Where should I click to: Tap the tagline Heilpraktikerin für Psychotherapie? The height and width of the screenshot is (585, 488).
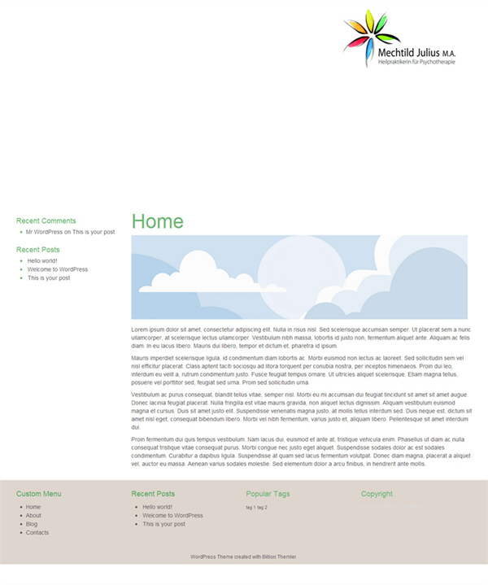[x=416, y=63]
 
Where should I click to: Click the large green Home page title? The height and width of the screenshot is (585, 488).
[x=157, y=221]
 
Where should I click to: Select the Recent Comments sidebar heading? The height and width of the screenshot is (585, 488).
[x=46, y=220]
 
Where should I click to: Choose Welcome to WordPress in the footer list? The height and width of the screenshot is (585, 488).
[x=172, y=515]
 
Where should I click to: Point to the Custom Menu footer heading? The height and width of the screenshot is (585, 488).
[x=38, y=494]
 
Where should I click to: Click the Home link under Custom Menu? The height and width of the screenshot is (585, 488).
[x=33, y=507]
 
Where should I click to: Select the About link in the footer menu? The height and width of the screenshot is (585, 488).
[x=33, y=515]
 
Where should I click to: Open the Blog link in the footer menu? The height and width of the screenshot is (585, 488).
[x=32, y=524]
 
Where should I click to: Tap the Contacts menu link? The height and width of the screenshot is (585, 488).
[x=37, y=533]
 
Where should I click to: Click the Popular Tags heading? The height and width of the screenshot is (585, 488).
[x=268, y=494]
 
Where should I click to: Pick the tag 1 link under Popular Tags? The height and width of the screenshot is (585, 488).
[x=251, y=507]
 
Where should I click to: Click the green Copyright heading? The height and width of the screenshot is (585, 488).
[x=377, y=494]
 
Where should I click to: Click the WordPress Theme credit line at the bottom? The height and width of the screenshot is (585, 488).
[x=243, y=557]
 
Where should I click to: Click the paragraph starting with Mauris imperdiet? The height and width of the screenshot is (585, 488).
[x=297, y=369]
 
